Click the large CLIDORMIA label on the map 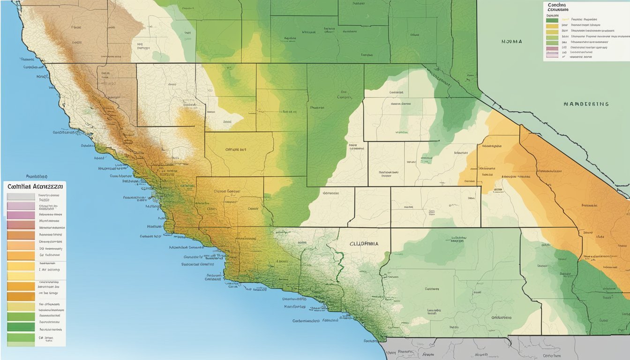(x=363, y=244)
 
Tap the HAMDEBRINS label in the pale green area (x=586, y=104)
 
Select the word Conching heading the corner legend (x=557, y=6)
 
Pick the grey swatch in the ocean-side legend (x=21, y=197)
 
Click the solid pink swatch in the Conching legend (x=552, y=48)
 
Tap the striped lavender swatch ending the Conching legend (x=552, y=54)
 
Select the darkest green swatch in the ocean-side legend (x=21, y=327)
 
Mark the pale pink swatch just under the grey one (x=21, y=206)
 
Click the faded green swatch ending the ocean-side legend (x=21, y=343)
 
